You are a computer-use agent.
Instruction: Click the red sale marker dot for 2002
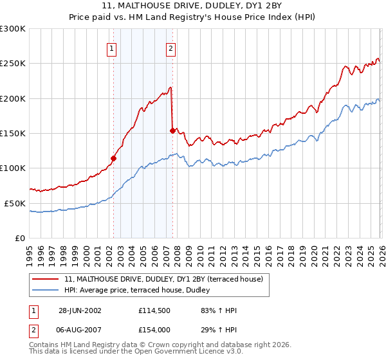tap(114, 157)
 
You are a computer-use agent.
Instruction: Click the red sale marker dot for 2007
tap(172, 130)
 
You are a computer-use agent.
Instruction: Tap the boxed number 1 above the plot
tap(112, 48)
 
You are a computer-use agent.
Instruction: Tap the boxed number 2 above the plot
tap(170, 48)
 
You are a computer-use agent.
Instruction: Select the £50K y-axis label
tap(15, 203)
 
